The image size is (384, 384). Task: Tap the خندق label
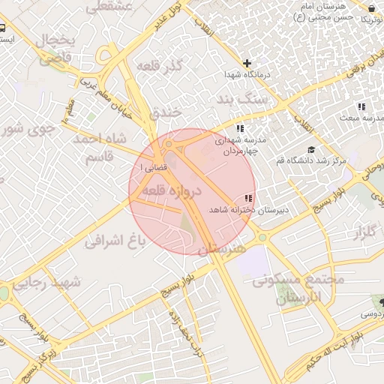pyautogui.click(x=166, y=112)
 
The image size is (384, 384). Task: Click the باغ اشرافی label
pyautogui.click(x=114, y=241)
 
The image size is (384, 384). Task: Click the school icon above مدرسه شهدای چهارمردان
pyautogui.click(x=240, y=127)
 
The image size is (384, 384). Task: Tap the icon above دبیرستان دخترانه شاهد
pyautogui.click(x=248, y=198)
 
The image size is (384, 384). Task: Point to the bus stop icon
pyautogui.click(x=4, y=28)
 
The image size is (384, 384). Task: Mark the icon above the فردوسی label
pyautogui.click(x=382, y=302)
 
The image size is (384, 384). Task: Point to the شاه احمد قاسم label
pyautogui.click(x=99, y=148)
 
